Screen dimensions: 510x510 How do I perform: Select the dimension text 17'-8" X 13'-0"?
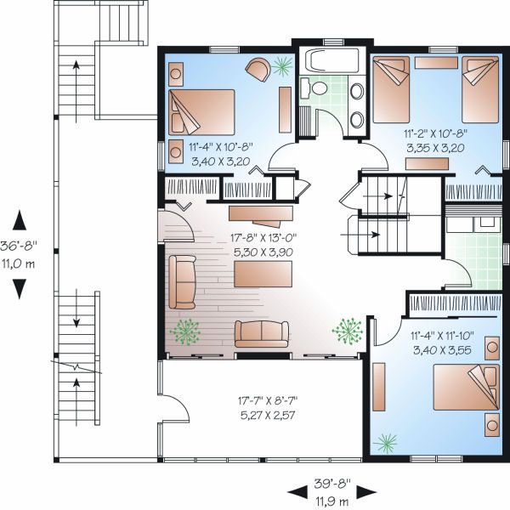(x=263, y=238)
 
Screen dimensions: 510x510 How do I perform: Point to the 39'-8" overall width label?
(x=332, y=484)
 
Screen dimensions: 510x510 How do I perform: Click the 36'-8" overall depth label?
(x=19, y=246)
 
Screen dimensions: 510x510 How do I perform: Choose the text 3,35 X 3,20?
(x=435, y=148)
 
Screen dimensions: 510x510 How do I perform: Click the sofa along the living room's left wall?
(x=182, y=282)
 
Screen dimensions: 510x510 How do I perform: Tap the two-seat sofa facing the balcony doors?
(x=262, y=334)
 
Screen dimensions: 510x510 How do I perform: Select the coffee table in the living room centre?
(x=263, y=274)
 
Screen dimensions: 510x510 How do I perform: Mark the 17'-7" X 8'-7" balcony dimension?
(x=268, y=400)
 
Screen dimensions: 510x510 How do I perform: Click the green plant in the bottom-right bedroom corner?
(x=386, y=443)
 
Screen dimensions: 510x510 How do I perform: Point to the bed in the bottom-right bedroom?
(x=466, y=387)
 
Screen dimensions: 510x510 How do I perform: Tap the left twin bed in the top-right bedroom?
(x=391, y=90)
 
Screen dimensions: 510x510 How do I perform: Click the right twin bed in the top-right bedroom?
(x=480, y=90)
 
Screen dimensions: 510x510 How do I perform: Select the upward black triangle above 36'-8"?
(x=20, y=220)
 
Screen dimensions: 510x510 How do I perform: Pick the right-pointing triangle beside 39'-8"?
(x=366, y=492)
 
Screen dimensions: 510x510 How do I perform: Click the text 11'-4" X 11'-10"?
(x=442, y=336)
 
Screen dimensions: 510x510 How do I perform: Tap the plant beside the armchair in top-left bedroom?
(x=282, y=66)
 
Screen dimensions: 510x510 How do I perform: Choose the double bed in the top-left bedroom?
(x=201, y=112)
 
